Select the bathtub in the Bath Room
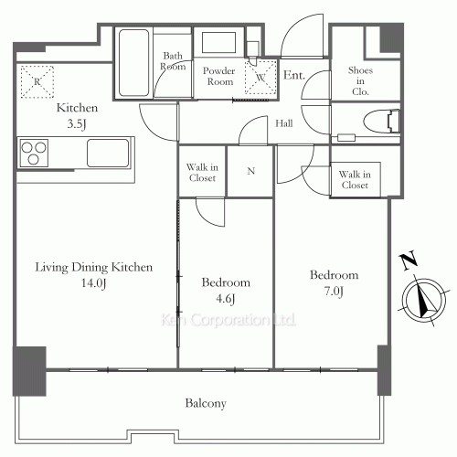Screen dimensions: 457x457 pyautogui.click(x=134, y=63)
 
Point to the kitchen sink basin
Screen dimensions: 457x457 pyautogui.click(x=109, y=153)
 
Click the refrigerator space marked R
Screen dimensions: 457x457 pyautogui.click(x=37, y=80)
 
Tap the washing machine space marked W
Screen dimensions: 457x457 pyautogui.click(x=260, y=78)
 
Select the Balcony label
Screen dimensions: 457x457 pyautogui.click(x=206, y=403)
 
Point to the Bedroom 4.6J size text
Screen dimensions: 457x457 pyautogui.click(x=226, y=299)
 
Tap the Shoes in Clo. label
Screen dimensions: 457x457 pyautogui.click(x=358, y=80)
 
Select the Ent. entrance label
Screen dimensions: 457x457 pyautogui.click(x=294, y=75)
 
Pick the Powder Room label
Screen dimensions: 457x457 pyautogui.click(x=218, y=76)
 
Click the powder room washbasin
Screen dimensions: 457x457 pyautogui.click(x=218, y=43)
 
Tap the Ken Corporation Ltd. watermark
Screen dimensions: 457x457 pyautogui.click(x=228, y=321)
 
